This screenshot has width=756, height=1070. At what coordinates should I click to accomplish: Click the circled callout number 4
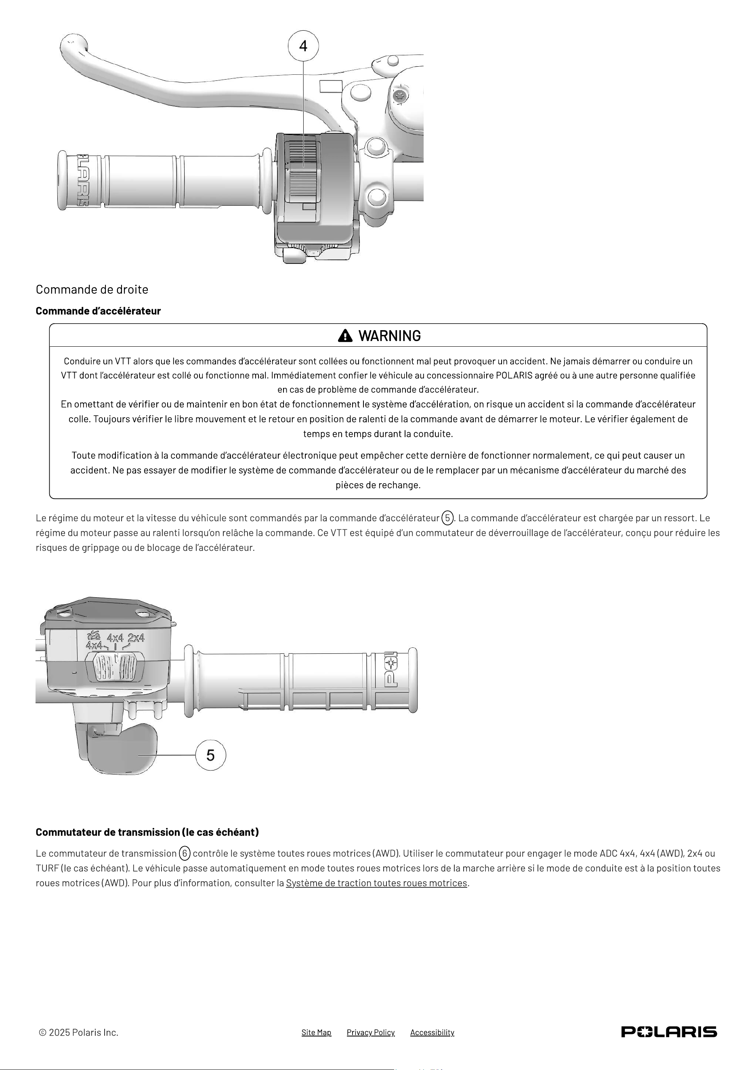point(303,46)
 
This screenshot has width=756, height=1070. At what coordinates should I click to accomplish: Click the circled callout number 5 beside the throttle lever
point(210,754)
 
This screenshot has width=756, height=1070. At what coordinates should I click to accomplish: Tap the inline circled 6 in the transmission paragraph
point(185,853)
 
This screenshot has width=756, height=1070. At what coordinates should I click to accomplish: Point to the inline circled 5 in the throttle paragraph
point(447,518)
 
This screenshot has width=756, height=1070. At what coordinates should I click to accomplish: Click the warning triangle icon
point(345,335)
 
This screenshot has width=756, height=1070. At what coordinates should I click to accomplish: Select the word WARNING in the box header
point(389,335)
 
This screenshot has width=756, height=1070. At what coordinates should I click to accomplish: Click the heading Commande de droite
point(92,289)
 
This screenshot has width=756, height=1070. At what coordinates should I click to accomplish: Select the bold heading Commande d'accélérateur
point(98,311)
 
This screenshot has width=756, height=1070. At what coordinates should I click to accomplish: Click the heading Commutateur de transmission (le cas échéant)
point(147,832)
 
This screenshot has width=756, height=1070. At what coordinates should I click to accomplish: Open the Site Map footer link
point(316,1032)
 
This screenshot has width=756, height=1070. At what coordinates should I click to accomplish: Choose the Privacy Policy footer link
point(371,1032)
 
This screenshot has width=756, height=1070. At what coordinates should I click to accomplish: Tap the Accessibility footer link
point(432,1032)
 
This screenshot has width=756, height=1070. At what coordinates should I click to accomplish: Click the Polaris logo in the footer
point(669,1032)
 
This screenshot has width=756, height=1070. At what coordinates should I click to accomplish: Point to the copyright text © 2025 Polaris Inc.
point(79,1032)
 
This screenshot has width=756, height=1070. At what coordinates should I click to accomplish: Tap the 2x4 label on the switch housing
point(136,638)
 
